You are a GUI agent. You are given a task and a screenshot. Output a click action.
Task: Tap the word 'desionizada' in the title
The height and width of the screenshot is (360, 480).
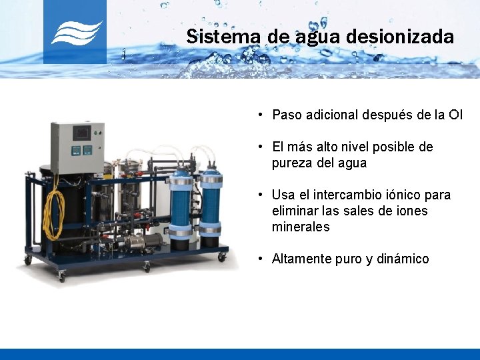(x=399, y=36)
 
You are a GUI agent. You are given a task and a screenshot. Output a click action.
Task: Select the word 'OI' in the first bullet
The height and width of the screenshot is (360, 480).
(x=455, y=115)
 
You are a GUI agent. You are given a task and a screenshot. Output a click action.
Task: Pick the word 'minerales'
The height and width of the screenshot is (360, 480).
(x=301, y=227)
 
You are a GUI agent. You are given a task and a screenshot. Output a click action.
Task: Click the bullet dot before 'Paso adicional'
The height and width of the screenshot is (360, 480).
(x=261, y=115)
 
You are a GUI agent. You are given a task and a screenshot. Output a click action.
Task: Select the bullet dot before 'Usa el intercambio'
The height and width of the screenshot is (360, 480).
(x=261, y=195)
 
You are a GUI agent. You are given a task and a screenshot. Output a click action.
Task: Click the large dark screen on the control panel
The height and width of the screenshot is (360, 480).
(x=82, y=133)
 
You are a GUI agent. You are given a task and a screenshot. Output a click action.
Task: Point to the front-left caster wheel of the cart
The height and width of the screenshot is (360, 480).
(x=61, y=273)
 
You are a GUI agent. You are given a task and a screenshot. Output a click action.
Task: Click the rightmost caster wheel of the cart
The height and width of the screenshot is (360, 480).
(x=222, y=257)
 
